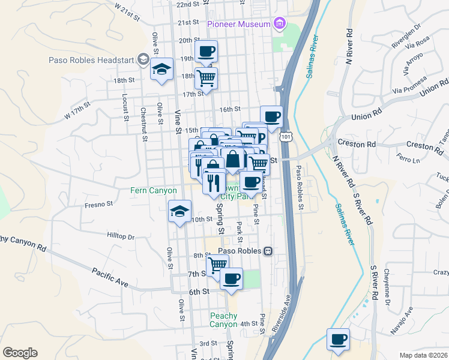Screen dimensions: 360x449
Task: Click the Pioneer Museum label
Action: tap(238, 24)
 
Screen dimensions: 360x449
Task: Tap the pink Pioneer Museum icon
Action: tap(279, 24)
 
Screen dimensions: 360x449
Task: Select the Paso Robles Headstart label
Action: tap(92, 59)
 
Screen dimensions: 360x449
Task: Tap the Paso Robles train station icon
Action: tap(269, 251)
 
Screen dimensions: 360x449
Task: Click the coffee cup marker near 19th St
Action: tap(206, 52)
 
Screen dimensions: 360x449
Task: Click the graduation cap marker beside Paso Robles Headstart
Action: tap(161, 70)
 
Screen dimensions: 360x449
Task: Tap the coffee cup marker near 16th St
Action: tap(271, 116)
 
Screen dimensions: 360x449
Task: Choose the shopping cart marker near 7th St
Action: tap(217, 264)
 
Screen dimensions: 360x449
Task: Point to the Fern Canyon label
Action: tap(154, 191)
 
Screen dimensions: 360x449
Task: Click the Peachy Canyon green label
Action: tap(223, 320)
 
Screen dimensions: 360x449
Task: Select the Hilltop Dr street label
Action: tap(121, 236)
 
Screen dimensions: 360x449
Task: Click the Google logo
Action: tap(20, 353)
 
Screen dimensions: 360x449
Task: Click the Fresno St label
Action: tap(98, 204)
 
